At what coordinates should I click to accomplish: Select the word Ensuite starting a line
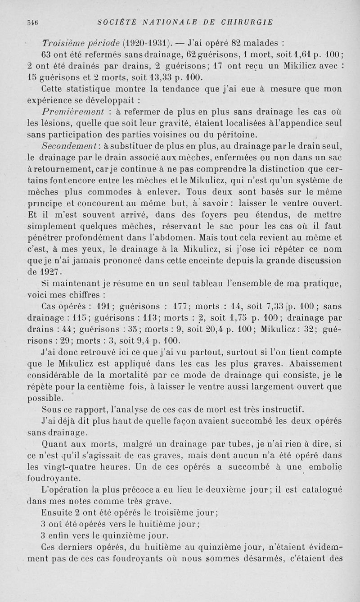(56, 512)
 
